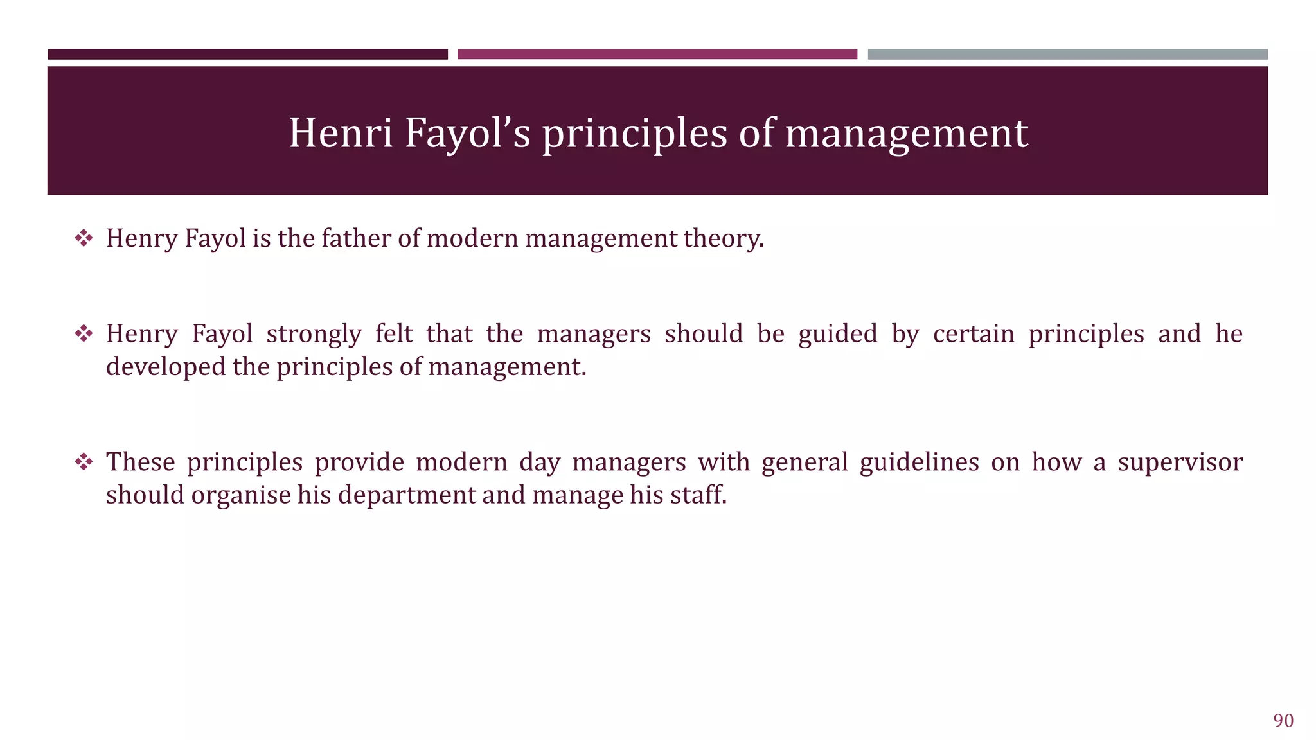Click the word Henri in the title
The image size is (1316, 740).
pyautogui.click(x=341, y=133)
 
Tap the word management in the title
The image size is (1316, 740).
pyautogui.click(x=906, y=134)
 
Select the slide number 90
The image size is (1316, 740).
pyautogui.click(x=1283, y=721)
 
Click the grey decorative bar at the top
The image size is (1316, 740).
pyautogui.click(x=1067, y=55)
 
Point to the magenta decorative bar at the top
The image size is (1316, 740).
pyautogui.click(x=657, y=55)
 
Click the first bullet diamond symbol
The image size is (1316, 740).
pyautogui.click(x=84, y=239)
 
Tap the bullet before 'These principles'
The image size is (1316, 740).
pyautogui.click(x=84, y=462)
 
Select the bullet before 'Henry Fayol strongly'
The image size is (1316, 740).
pyautogui.click(x=84, y=334)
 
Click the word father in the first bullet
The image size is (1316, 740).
pyautogui.click(x=356, y=238)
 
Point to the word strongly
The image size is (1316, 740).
pyautogui.click(x=314, y=335)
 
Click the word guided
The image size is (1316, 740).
pyautogui.click(x=837, y=335)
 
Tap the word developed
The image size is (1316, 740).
pyautogui.click(x=166, y=367)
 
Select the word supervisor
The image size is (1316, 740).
pyautogui.click(x=1180, y=463)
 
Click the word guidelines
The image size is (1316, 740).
pyautogui.click(x=919, y=463)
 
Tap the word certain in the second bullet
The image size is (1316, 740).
pyautogui.click(x=973, y=334)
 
